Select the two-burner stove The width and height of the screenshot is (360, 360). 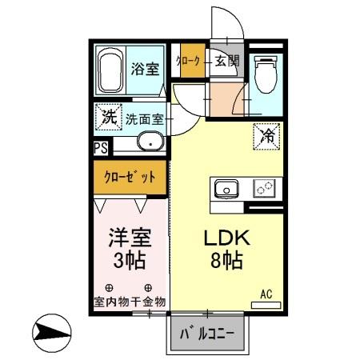263,190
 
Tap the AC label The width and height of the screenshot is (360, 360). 266,294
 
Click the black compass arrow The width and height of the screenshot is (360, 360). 50,330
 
